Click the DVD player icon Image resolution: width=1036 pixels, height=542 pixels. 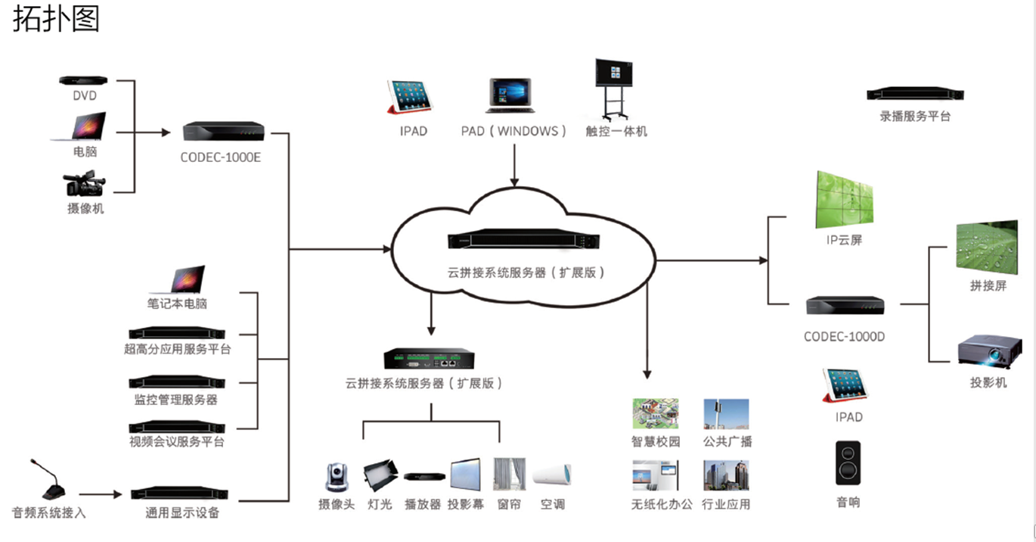[x=83, y=79]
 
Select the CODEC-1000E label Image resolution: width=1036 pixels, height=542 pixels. [x=221, y=158]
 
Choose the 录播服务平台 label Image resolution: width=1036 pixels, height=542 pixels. [x=914, y=117]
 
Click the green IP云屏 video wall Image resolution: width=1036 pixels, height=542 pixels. [x=844, y=199]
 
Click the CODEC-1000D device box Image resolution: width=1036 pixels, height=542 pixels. [x=845, y=305]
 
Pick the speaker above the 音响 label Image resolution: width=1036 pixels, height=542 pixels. [x=848, y=463]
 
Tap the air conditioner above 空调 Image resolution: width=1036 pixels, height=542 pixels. [x=552, y=475]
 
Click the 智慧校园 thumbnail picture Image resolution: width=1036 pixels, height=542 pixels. [x=655, y=414]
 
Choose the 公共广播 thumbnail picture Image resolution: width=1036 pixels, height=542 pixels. [x=726, y=414]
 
